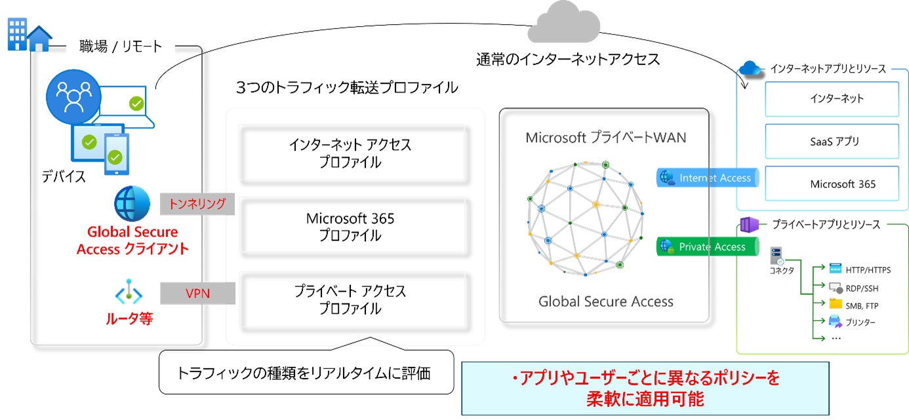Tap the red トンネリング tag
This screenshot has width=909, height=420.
click(x=197, y=204)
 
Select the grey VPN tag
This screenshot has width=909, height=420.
click(x=197, y=293)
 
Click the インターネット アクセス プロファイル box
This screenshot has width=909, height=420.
click(x=355, y=154)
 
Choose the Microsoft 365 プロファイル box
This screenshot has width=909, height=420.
click(x=355, y=227)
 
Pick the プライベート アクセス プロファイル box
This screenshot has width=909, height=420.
click(x=355, y=300)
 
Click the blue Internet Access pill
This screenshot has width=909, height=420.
click(x=707, y=178)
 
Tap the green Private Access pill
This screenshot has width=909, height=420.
click(x=707, y=247)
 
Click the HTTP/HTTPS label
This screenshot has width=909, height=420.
click(x=868, y=270)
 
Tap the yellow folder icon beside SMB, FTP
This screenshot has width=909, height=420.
click(x=835, y=305)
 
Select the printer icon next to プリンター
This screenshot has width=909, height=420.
click(x=835, y=321)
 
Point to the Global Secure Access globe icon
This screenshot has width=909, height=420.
click(x=132, y=202)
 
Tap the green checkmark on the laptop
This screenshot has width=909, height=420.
click(x=136, y=103)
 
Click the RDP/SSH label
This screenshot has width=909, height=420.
click(x=862, y=288)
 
